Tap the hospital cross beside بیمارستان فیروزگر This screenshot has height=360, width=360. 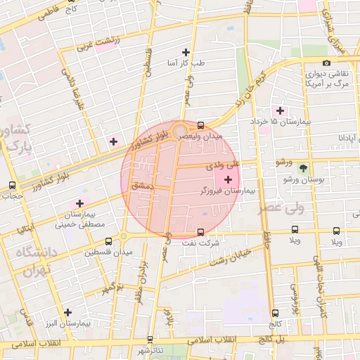click(x=227, y=180)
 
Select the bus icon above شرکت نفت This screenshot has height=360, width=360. click(x=201, y=231)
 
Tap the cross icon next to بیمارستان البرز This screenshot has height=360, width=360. click(x=67, y=312)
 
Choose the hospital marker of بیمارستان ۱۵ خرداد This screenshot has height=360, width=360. click(x=280, y=110)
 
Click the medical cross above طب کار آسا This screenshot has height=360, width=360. click(x=186, y=52)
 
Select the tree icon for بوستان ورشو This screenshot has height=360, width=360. click(x=303, y=168)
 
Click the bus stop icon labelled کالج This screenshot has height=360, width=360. click(x=274, y=314)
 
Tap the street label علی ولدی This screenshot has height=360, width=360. click(x=224, y=167)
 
